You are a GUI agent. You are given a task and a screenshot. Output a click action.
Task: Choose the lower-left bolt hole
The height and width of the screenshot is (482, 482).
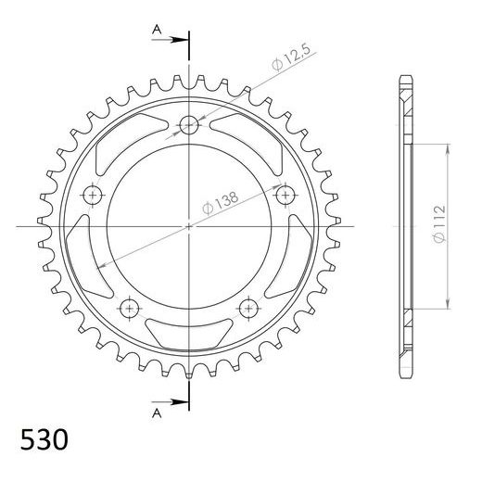(x=130, y=308)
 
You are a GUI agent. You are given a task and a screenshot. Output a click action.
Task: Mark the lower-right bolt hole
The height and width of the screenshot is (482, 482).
(x=248, y=308)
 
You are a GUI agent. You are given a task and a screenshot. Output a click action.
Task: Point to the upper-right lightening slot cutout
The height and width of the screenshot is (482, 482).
(x=252, y=136)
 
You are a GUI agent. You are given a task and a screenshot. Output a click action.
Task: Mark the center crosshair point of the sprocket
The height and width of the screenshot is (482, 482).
(x=189, y=225)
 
